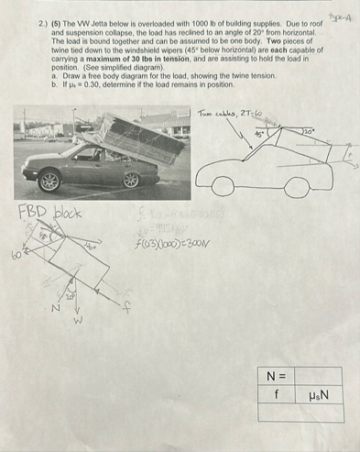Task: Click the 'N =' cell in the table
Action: [x=276, y=375]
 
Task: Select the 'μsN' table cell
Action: [x=317, y=393]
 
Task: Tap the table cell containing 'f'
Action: [x=276, y=393]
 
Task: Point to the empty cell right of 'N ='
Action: [x=317, y=375]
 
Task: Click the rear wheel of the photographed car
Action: [x=131, y=181]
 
